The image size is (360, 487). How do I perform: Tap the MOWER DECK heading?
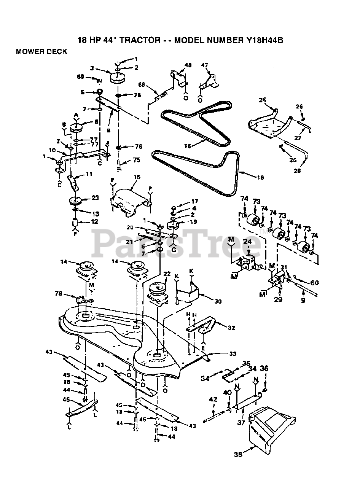pyautogui.click(x=41, y=52)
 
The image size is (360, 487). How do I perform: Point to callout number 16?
pyautogui.click(x=260, y=177)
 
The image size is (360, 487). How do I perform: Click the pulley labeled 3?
pyautogui.click(x=118, y=78)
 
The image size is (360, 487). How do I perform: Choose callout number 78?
pyautogui.click(x=58, y=293)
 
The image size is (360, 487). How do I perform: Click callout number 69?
pyautogui.click(x=80, y=77)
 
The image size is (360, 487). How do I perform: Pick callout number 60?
pyautogui.click(x=314, y=283)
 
